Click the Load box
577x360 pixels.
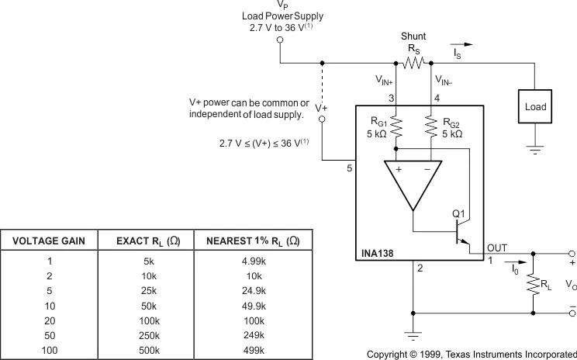point(535,106)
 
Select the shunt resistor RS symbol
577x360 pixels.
point(413,63)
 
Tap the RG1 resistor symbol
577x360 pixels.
point(396,126)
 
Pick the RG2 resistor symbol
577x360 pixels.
point(431,126)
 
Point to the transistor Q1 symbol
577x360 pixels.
point(461,233)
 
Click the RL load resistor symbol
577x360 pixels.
point(534,283)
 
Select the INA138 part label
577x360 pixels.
point(377,253)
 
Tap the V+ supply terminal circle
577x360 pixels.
point(322,119)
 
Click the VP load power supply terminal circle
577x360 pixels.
point(280,40)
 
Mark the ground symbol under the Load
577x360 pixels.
point(535,150)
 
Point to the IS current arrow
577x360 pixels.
point(461,44)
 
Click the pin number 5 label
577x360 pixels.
point(349,168)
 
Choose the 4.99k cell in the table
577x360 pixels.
point(254,261)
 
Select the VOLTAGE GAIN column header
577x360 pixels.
point(49,241)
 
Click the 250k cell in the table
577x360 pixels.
point(149,335)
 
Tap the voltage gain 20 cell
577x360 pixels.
point(50,320)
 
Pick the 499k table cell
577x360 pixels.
point(254,350)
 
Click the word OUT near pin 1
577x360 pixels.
point(497,248)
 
